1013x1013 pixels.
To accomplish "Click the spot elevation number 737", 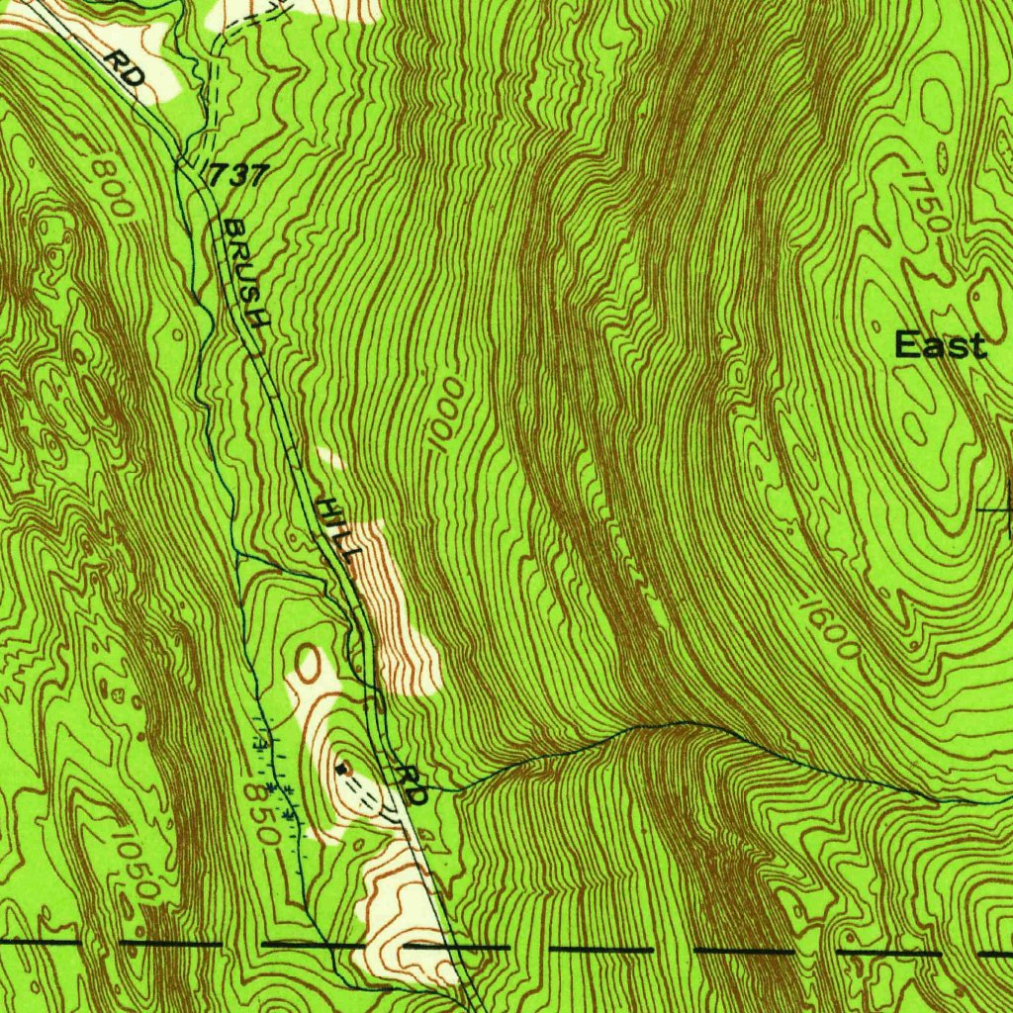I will pos(238,176).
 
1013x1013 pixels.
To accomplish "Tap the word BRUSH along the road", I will pos(245,273).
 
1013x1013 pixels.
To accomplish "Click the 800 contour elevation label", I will pos(111,185).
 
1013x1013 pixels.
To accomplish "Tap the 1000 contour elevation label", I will pos(446,414).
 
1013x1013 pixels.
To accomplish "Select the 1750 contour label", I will pos(926,199).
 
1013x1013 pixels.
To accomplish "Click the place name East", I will pos(940,345).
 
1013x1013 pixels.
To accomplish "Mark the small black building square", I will pos(342,768).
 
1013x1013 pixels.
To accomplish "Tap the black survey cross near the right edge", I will pos(1005,508).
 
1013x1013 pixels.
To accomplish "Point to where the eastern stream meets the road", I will pos(435,789).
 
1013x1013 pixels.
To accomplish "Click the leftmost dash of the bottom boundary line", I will pos(40,941).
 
